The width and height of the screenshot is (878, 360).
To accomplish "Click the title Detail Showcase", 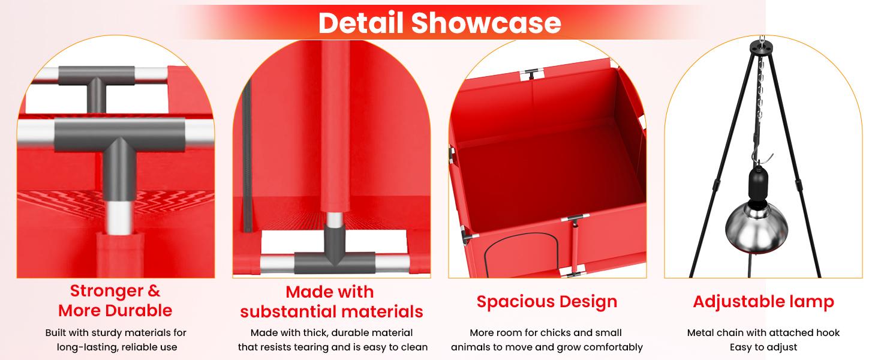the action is coord(440,23).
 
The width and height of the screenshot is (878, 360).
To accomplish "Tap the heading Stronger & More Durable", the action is coord(115,301).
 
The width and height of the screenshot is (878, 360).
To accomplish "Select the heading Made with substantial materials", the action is coord(332,302).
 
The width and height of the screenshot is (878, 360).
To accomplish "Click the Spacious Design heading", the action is coord(547,302).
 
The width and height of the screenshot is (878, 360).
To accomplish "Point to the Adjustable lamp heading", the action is coord(763,302).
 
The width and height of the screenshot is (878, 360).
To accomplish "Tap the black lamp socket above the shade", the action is coord(759,184).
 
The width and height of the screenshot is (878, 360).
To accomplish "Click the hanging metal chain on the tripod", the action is coord(760,98).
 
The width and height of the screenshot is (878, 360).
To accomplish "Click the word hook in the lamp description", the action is coord(828,332).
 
